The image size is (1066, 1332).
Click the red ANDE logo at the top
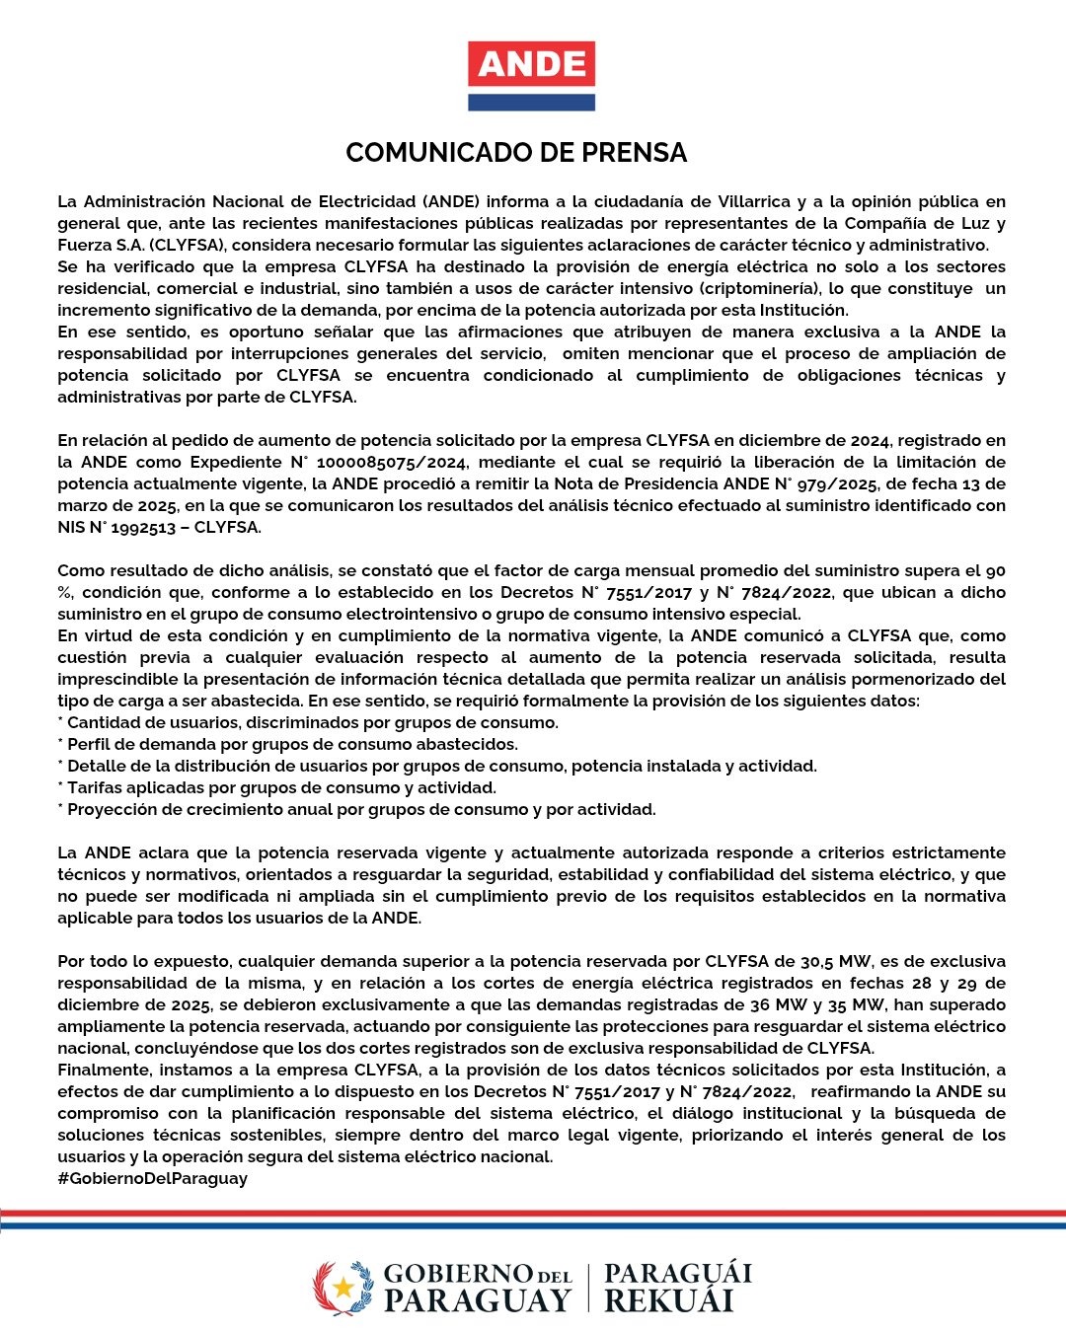[x=531, y=65]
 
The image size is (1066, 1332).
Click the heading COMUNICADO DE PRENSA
[x=516, y=153]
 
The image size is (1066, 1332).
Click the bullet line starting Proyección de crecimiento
[x=356, y=809]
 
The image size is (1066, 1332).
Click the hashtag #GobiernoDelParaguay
[x=152, y=1178]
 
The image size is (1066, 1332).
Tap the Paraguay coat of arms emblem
[x=343, y=1288]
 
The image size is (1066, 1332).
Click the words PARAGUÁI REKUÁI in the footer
[x=677, y=1288]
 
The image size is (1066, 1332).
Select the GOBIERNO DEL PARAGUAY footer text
[x=477, y=1288]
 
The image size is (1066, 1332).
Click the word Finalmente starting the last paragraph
[x=104, y=1070]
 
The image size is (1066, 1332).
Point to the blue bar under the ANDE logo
[x=531, y=102]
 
